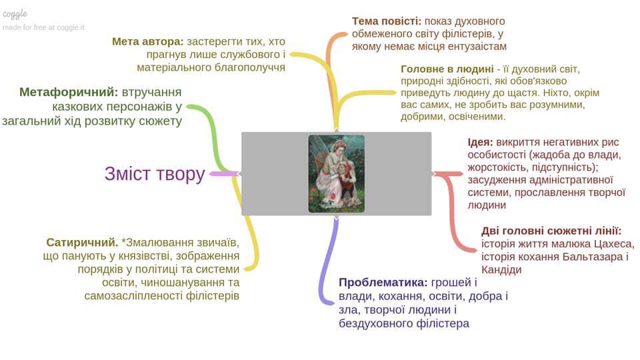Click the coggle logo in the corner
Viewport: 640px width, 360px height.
click(x=15, y=13)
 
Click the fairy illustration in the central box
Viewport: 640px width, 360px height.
click(x=336, y=173)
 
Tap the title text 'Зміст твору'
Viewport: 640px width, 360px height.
click(x=154, y=174)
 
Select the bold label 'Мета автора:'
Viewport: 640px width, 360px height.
click(x=147, y=41)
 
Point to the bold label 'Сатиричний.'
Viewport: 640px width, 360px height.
click(x=82, y=242)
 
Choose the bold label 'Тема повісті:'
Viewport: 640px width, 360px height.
click(x=387, y=21)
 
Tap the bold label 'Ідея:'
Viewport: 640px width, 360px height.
click(x=480, y=142)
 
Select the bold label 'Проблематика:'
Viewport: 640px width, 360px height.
click(x=382, y=281)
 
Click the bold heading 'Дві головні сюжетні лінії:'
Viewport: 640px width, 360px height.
click(x=551, y=231)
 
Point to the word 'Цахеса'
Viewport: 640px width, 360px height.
click(x=612, y=243)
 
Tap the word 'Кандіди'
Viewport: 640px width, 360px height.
click(x=501, y=270)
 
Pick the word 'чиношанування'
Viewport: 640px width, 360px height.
click(x=179, y=282)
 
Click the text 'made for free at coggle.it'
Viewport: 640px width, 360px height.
click(x=43, y=27)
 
